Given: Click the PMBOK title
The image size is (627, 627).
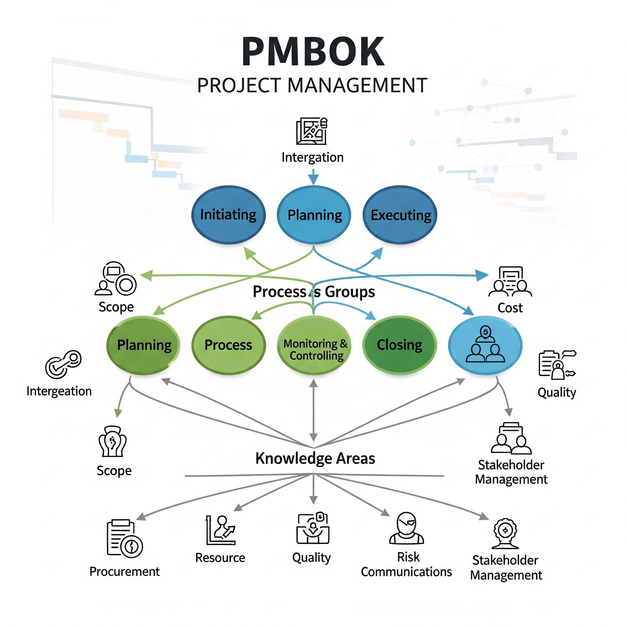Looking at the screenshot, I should coord(313,52).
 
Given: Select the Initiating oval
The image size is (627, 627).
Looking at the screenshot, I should coord(228,215).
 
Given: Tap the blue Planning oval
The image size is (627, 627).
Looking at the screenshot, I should coord(314,215).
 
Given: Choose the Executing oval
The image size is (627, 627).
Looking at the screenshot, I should coord(400,215).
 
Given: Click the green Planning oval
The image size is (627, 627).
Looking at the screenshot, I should coord(144,345).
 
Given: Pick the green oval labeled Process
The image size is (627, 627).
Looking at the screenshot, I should coord(228,345).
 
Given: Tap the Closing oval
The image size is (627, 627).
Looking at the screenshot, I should coord(400,345).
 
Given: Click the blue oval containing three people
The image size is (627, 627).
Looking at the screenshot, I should coord(485,345).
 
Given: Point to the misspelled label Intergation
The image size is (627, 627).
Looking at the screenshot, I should coord(312,157).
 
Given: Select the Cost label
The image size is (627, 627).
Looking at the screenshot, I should coord(510,308).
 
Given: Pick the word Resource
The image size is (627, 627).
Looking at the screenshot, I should coord(220,558).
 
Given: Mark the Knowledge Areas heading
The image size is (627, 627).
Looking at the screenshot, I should coord(315,458).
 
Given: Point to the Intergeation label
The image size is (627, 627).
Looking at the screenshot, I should coord(59,391).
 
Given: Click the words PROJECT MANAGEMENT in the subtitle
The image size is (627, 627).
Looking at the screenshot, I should coord(312,86).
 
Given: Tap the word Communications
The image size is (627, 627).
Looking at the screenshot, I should coord(406,572).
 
